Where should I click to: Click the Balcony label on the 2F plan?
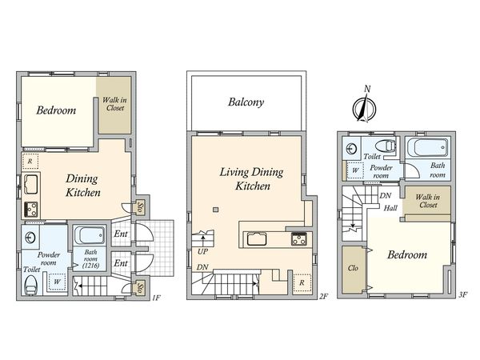(x=246, y=102)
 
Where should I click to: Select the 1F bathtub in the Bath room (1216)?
(x=90, y=236)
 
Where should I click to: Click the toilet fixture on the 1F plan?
(x=30, y=285)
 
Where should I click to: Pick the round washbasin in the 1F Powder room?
(x=30, y=238)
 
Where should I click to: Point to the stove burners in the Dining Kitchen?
(x=31, y=210)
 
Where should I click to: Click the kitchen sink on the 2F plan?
(x=257, y=238)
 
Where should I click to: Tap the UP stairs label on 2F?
(x=202, y=252)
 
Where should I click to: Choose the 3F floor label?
(x=463, y=295)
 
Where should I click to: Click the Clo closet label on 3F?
(x=353, y=268)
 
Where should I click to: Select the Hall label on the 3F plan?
(x=390, y=208)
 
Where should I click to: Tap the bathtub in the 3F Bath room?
(x=428, y=147)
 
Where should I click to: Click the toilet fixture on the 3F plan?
(x=385, y=146)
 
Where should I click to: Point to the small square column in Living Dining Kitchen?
(x=216, y=210)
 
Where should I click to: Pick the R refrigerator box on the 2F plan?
(x=302, y=283)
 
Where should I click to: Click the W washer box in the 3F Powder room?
(x=355, y=170)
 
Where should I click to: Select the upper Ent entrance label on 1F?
(x=121, y=234)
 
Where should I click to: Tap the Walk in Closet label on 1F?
(x=114, y=104)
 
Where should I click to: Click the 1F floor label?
(x=156, y=298)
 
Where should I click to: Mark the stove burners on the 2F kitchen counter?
(x=298, y=238)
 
